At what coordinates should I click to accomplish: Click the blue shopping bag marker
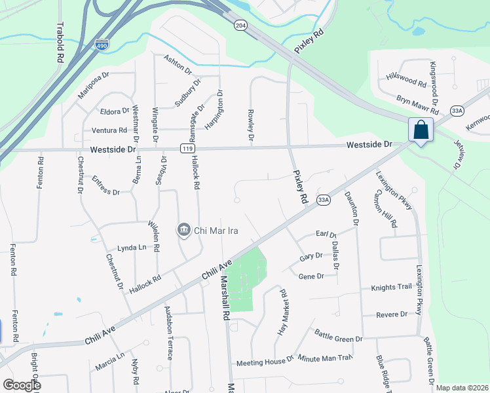tap(420, 129)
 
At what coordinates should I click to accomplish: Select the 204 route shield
tap(241, 25)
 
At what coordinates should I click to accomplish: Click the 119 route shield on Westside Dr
tap(188, 149)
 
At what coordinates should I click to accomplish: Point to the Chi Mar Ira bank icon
tap(183, 230)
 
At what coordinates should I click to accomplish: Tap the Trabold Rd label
tap(60, 43)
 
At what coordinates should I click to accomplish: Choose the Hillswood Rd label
tap(406, 80)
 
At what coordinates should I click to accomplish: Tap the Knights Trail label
tap(391, 287)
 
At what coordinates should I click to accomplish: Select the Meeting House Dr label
tap(265, 362)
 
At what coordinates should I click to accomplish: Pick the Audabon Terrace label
tap(169, 340)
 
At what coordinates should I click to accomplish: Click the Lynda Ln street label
tap(132, 248)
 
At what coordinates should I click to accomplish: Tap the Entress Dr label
tap(105, 186)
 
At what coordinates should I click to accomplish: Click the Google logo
tap(22, 385)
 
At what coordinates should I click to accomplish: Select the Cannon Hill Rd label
tap(385, 209)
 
